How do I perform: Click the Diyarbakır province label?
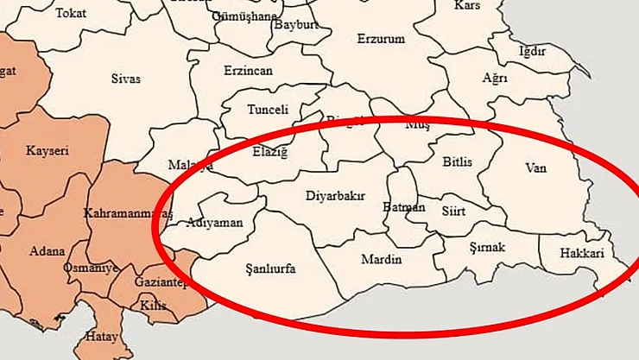[x=336, y=196]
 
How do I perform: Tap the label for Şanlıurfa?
[x=270, y=269]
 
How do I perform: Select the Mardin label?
[x=381, y=259]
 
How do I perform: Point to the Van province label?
[x=536, y=167]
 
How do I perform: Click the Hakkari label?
[x=582, y=254]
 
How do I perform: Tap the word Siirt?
[x=453, y=208]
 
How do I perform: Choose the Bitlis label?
[x=458, y=161]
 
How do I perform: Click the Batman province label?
[x=403, y=207]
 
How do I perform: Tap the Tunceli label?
[x=268, y=110]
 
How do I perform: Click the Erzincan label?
[x=248, y=71]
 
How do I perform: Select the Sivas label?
[x=126, y=79]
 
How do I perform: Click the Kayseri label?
[x=47, y=150]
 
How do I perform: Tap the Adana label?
[x=47, y=251]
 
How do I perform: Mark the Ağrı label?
[x=495, y=79]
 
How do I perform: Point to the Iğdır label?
[x=532, y=51]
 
